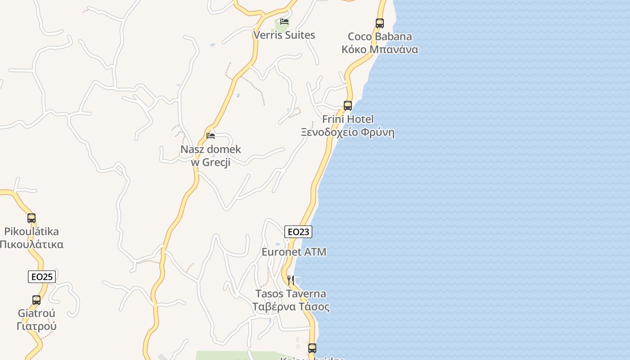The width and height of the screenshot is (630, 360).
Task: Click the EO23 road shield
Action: [x=298, y=232]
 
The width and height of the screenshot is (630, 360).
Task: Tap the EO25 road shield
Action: [x=42, y=277]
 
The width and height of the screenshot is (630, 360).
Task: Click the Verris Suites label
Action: [x=284, y=35]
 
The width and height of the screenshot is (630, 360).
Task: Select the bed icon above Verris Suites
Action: [x=284, y=21]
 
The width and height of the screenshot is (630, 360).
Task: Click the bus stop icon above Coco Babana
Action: [x=380, y=23]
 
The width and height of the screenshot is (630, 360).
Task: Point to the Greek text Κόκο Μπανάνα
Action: [x=380, y=49]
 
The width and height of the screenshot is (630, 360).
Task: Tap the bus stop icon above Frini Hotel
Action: [x=348, y=106]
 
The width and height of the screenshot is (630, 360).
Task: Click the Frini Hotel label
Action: [x=348, y=119]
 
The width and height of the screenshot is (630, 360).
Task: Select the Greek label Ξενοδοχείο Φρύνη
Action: [x=348, y=133]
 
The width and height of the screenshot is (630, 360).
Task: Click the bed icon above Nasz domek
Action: [x=211, y=135]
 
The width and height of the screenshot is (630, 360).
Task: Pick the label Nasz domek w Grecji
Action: [x=211, y=156]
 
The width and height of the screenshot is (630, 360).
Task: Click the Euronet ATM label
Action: [x=294, y=252]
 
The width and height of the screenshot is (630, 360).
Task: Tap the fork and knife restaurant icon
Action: [x=291, y=280]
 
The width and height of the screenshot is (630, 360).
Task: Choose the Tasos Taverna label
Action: [x=291, y=294]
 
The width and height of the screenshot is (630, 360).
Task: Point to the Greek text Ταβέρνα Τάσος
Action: [x=291, y=307]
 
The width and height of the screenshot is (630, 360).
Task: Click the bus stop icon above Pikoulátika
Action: [x=31, y=218]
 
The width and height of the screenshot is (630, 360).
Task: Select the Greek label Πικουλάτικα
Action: [x=31, y=245]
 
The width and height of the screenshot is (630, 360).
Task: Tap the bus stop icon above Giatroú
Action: [x=36, y=300]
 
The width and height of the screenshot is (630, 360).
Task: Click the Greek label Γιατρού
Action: [x=36, y=326]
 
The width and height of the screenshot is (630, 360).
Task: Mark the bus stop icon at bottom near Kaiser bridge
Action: [x=312, y=348]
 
